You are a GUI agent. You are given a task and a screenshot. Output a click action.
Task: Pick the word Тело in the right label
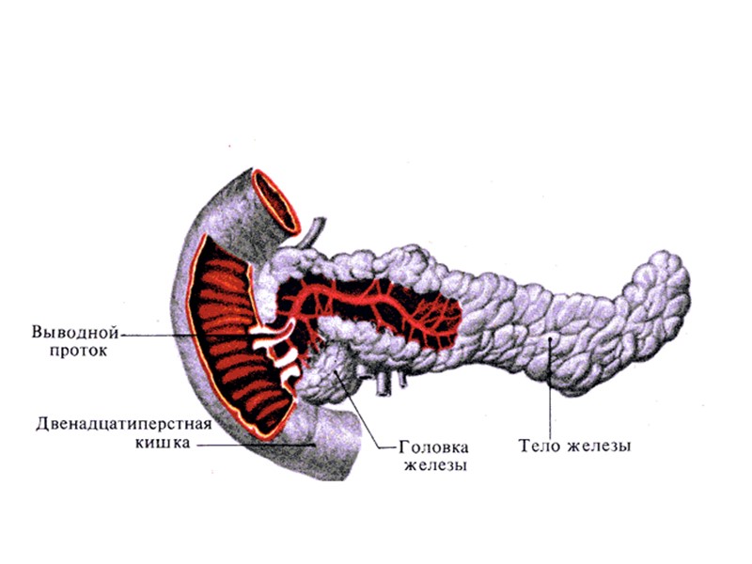[539, 446]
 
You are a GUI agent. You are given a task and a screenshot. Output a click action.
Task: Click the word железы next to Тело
[600, 446]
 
